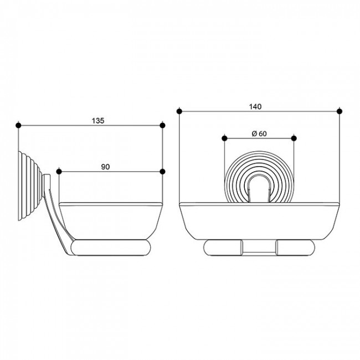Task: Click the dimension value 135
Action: click(98, 121)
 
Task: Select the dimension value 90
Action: click(105, 167)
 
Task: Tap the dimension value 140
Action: click(255, 106)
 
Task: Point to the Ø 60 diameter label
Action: click(259, 133)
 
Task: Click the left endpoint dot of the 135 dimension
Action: click(18, 125)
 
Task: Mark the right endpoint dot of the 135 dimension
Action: click(162, 125)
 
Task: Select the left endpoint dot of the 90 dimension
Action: click(59, 172)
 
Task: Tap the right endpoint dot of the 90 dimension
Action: click(162, 172)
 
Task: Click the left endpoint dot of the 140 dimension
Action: click(179, 111)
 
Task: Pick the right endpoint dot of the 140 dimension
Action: click(340, 111)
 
